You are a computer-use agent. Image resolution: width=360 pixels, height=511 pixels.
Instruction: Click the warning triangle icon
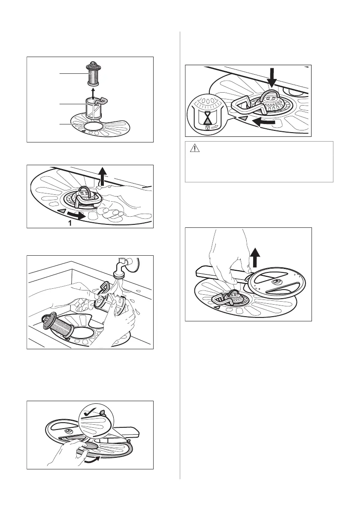pos(194,148)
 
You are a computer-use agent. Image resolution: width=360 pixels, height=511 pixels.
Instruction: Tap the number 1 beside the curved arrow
pos(69,223)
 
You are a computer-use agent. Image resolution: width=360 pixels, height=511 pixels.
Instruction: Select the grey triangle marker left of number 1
pos(62,212)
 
